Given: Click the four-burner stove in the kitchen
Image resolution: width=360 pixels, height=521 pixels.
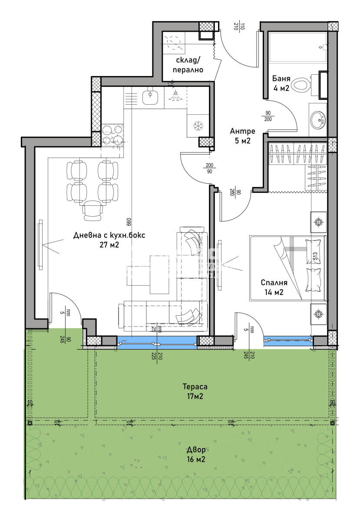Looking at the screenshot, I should point(112,134).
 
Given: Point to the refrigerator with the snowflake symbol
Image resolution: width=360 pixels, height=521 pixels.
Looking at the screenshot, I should point(198,126).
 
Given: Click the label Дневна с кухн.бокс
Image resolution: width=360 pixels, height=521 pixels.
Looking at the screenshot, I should point(109,235).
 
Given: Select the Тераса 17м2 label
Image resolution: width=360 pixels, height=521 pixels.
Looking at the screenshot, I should point(195,391).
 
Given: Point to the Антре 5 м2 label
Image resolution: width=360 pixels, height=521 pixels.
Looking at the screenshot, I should point(242,135).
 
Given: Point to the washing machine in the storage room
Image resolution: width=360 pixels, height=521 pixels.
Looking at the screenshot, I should point(174,42).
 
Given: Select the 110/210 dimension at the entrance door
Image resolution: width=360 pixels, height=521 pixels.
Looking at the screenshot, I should point(236,26).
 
